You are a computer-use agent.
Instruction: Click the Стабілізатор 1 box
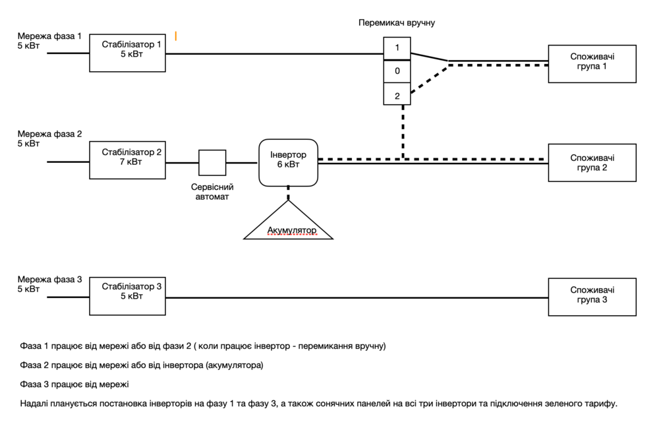127,53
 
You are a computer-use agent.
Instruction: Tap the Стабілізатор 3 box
127,297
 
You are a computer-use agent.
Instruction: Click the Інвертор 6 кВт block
289,162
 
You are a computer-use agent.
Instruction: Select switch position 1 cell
397,48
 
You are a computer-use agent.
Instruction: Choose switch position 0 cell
397,71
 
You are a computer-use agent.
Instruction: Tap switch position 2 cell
397,94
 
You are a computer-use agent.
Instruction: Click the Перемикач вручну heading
397,22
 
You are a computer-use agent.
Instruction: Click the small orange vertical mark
176,36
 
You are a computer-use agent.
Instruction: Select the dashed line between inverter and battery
289,193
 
